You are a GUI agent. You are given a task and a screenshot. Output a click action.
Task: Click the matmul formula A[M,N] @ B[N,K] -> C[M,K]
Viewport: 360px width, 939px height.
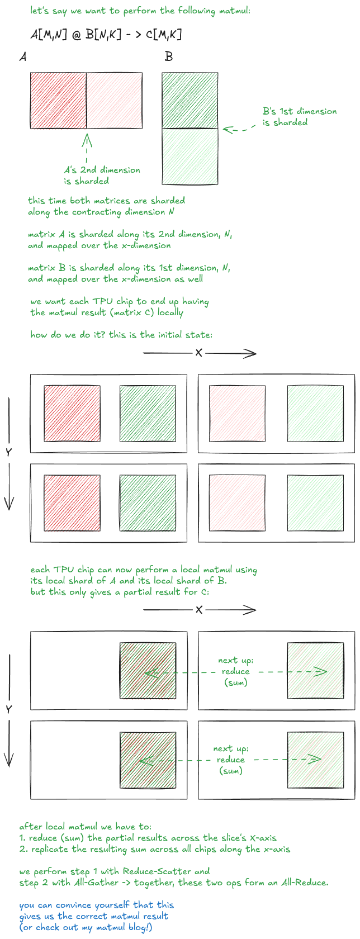click(x=106, y=35)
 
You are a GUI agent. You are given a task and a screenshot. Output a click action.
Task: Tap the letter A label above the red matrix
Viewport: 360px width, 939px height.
click(x=23, y=56)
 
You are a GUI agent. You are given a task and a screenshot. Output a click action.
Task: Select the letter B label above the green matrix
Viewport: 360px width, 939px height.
click(x=168, y=56)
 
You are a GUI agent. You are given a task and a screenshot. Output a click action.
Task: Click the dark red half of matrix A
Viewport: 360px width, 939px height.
click(x=58, y=100)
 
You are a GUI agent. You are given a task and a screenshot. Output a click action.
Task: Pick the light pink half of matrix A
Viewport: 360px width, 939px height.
click(x=114, y=100)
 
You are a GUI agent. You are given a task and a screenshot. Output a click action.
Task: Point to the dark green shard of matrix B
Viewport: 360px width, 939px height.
click(x=190, y=100)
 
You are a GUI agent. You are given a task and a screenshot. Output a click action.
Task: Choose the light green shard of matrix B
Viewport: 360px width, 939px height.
click(x=190, y=156)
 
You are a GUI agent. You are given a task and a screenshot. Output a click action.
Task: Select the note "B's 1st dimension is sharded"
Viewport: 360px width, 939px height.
click(x=300, y=116)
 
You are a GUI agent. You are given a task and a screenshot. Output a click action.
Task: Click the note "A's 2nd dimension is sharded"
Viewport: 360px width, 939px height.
click(x=102, y=176)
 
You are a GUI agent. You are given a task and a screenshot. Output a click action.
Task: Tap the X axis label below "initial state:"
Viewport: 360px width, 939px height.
click(x=198, y=353)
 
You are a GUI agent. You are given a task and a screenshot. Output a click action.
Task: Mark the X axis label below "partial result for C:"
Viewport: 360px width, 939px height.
click(x=198, y=609)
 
